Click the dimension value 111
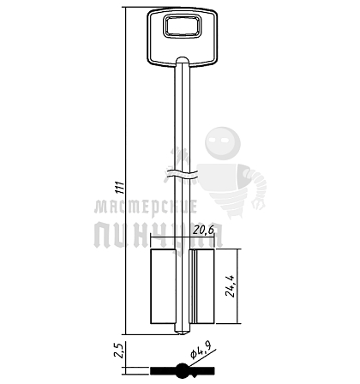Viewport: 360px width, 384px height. pyautogui.click(x=121, y=188)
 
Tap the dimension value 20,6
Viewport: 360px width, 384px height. pyautogui.click(x=203, y=231)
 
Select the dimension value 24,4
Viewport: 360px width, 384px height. pyautogui.click(x=230, y=286)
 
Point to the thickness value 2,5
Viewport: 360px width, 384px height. pyautogui.click(x=118, y=351)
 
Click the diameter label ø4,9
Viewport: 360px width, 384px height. pyautogui.click(x=201, y=351)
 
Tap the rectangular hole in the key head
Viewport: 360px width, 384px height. pyautogui.click(x=182, y=27)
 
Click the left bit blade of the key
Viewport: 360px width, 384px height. pyautogui.click(x=163, y=286)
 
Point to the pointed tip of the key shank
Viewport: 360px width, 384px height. pyautogui.click(x=182, y=334)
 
